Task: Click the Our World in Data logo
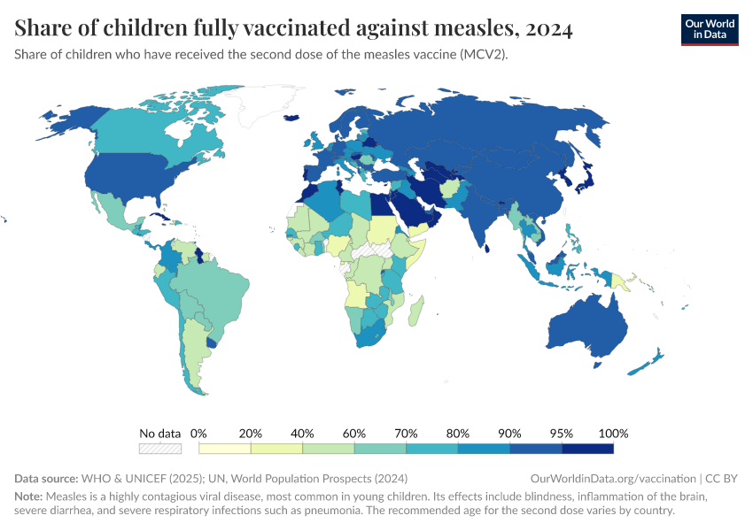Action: (709, 29)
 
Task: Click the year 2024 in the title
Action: (548, 28)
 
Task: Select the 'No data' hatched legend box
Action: (159, 450)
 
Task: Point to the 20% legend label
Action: (251, 434)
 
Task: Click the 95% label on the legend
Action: (562, 434)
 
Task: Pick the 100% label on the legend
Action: (613, 434)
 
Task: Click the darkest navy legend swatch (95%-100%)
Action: (587, 450)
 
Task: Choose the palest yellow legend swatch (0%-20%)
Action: (225, 450)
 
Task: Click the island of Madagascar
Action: (415, 311)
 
